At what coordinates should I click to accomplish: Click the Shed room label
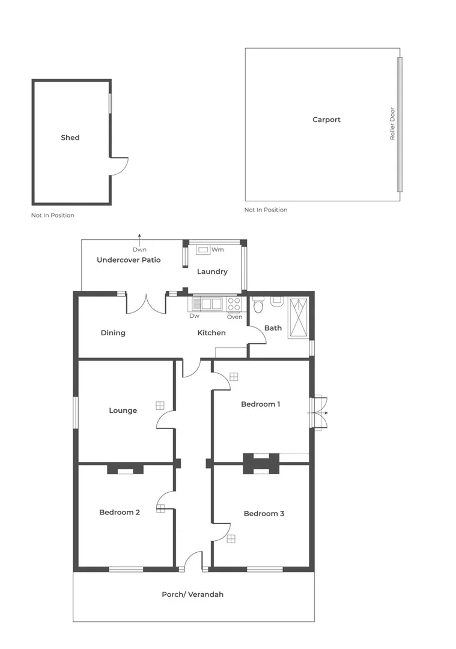point(70,138)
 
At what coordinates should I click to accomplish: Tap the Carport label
point(326,120)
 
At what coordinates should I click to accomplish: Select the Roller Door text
point(392,124)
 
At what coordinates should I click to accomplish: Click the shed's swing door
point(118,166)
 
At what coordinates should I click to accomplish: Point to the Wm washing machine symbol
point(204,249)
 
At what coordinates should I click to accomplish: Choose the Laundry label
point(212,272)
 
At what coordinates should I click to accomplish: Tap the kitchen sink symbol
point(207,303)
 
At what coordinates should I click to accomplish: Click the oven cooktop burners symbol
point(234,304)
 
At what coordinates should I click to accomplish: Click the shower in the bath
point(298,317)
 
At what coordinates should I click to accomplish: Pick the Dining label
point(113,333)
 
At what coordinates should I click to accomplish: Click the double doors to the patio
point(146,304)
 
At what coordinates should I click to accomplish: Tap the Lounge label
point(123,410)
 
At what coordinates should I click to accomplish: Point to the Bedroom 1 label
point(260,404)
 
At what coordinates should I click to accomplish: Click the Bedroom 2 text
point(120,513)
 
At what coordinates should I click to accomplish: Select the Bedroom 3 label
point(264,514)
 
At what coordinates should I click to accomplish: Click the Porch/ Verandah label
point(192,594)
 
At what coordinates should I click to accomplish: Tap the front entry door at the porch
point(193,561)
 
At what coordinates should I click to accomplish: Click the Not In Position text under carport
point(266,210)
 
